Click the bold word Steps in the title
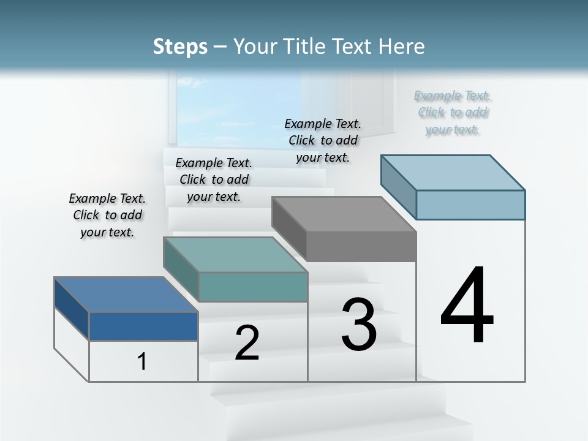point(180,47)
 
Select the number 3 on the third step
point(359,325)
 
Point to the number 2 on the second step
point(247,344)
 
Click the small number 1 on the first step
point(142,362)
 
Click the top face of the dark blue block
point(126,295)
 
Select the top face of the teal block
point(235,255)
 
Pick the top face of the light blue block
point(453,172)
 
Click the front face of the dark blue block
point(143,326)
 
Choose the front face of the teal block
point(253,287)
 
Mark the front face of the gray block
point(361,247)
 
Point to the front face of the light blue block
point(470,205)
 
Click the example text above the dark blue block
point(107,215)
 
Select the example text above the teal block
point(214,179)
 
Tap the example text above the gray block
point(323,140)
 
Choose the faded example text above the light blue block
point(453,112)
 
